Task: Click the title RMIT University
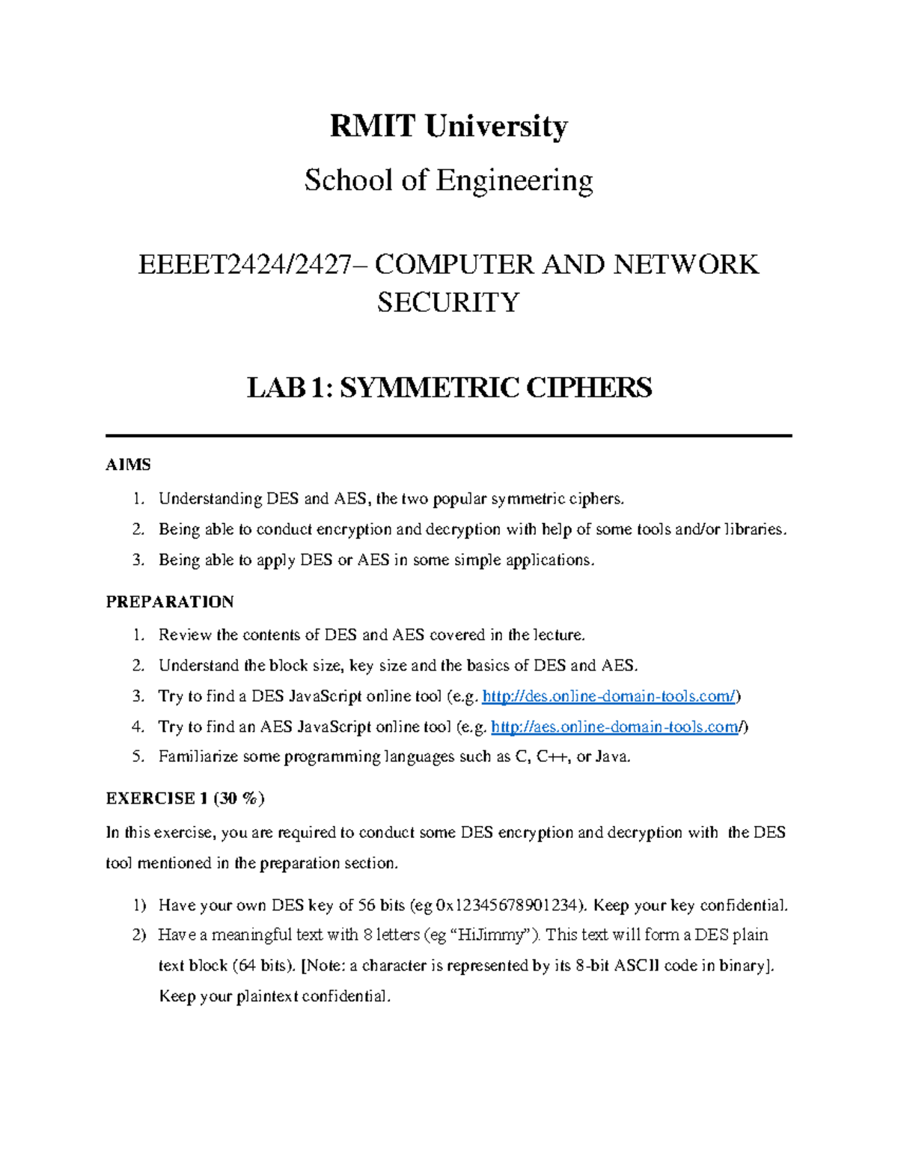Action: (x=448, y=126)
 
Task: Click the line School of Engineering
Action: (x=448, y=180)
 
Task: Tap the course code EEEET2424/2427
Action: (x=244, y=265)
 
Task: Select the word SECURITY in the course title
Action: (x=448, y=302)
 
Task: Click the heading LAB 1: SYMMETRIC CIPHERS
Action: (x=449, y=388)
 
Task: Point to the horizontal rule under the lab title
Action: (x=448, y=435)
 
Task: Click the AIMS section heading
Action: (x=128, y=465)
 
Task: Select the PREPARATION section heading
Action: (x=170, y=602)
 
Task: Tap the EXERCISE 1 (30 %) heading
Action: (x=185, y=798)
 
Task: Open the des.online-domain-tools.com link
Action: (x=610, y=697)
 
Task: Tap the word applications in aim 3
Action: (x=549, y=560)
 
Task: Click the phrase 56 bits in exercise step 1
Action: (x=381, y=905)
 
